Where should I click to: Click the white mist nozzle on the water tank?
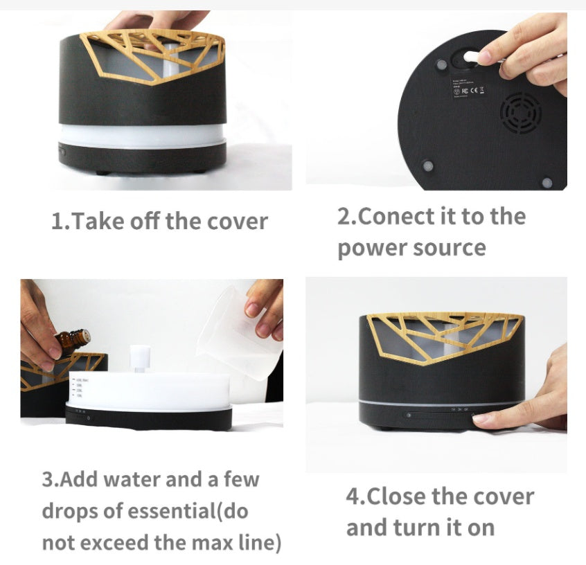point(140,357)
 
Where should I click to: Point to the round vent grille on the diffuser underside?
point(521,113)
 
